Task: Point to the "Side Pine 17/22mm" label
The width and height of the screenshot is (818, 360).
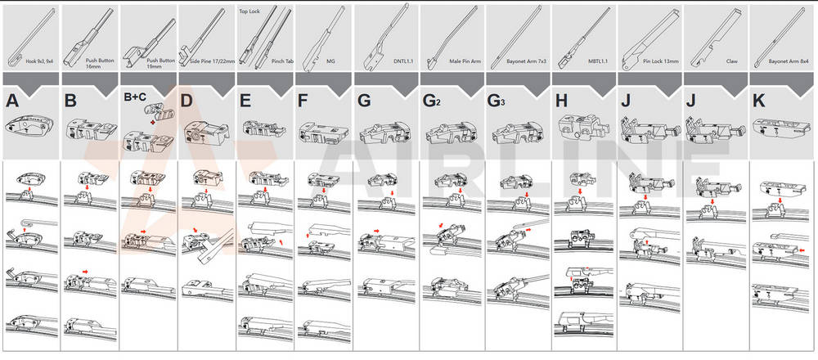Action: tap(212, 60)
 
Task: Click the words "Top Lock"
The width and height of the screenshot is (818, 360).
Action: tap(249, 12)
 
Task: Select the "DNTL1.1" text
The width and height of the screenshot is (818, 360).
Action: tap(402, 60)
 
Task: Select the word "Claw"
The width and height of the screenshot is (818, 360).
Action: tap(731, 60)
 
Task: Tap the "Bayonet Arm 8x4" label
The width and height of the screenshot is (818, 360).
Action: tap(787, 60)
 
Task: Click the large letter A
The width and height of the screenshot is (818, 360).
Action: tap(12, 101)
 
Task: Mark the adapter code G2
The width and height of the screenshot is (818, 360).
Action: tap(434, 101)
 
